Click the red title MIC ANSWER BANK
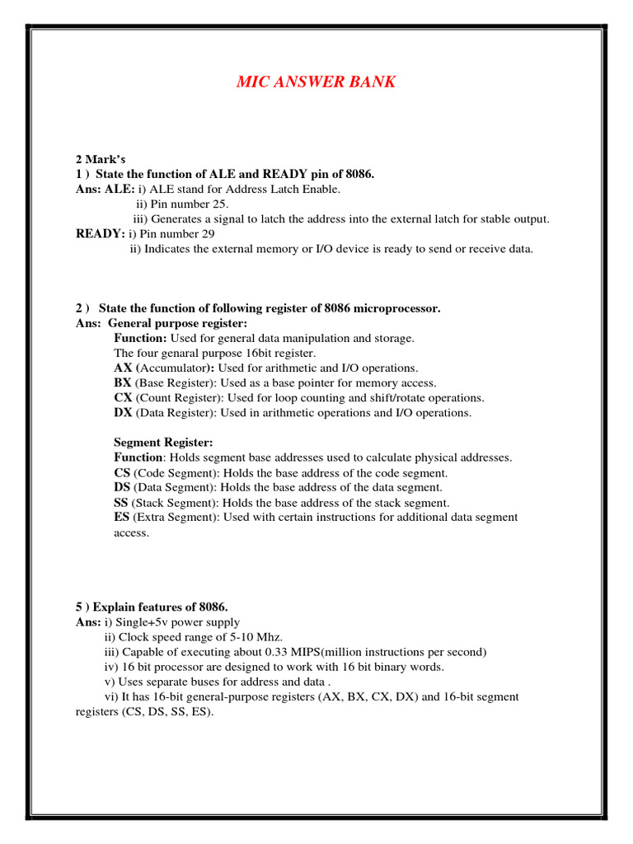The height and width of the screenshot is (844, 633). tap(316, 82)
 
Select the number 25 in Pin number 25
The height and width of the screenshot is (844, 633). tap(220, 204)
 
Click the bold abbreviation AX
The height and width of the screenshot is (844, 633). tap(123, 368)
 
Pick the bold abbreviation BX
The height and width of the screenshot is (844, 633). tap(123, 382)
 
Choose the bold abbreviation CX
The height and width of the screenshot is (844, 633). tap(123, 397)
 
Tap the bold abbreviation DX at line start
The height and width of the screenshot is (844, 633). tap(123, 412)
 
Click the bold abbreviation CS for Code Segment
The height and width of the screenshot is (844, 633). tap(122, 472)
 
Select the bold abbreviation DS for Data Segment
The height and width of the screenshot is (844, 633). tap(122, 487)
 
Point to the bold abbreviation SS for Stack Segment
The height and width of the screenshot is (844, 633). tap(121, 502)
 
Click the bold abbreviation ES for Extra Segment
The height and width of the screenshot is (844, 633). tap(121, 517)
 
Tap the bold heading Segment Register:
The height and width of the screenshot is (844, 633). tap(163, 443)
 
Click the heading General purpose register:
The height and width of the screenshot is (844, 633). tap(177, 323)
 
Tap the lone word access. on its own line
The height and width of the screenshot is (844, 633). tap(131, 532)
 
